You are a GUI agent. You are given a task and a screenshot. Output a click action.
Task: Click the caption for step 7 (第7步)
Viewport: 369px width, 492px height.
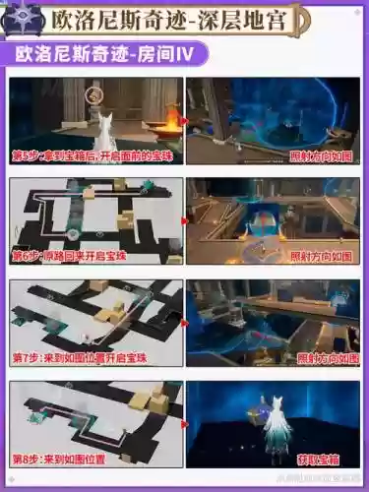pos(79,358)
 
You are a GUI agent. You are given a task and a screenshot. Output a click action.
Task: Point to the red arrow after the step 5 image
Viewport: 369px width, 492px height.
pos(184,121)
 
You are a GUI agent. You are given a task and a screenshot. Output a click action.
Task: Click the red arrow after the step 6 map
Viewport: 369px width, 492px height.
pos(184,221)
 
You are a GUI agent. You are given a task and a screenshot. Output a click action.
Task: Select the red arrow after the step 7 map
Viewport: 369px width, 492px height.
pos(184,323)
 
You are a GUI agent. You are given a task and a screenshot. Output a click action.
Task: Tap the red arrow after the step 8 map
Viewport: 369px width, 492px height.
pos(184,424)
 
